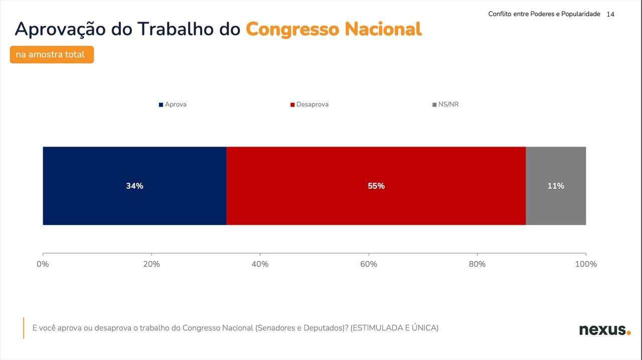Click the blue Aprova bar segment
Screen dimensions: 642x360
135,186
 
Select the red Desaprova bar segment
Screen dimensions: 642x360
376,186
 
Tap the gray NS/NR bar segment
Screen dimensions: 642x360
556,186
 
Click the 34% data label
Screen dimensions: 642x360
135,186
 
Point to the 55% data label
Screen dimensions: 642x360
376,186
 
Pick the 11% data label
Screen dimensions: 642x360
556,186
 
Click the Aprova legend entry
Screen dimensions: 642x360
173,104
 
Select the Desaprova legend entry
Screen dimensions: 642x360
309,104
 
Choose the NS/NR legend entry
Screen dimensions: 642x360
445,104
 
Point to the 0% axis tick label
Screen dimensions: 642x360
43,264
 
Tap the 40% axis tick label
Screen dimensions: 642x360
260,264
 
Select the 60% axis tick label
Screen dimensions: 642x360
369,264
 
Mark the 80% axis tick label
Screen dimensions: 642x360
477,264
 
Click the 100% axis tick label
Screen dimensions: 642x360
586,264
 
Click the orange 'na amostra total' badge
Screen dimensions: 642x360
52,55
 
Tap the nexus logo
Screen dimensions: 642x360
605,330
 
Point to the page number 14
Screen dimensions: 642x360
610,15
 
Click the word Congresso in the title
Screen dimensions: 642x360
292,30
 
